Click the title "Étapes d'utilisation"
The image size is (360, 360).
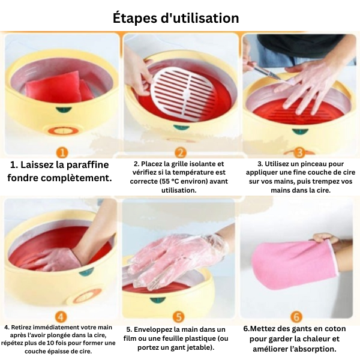pyautogui.click(x=176, y=18)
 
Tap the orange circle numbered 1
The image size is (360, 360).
pyautogui.click(x=62, y=152)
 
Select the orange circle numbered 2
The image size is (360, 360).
pyautogui.click(x=181, y=152)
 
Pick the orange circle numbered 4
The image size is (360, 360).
pyautogui.click(x=61, y=317)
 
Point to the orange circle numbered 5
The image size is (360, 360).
pyautogui.click(x=179, y=317)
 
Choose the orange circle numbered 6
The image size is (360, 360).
pyautogui.click(x=296, y=317)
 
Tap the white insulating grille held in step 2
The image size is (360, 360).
pyautogui.click(x=182, y=94)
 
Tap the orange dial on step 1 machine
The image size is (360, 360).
pyautogui.click(x=62, y=131)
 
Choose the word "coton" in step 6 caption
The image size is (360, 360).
pyautogui.click(x=335, y=329)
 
